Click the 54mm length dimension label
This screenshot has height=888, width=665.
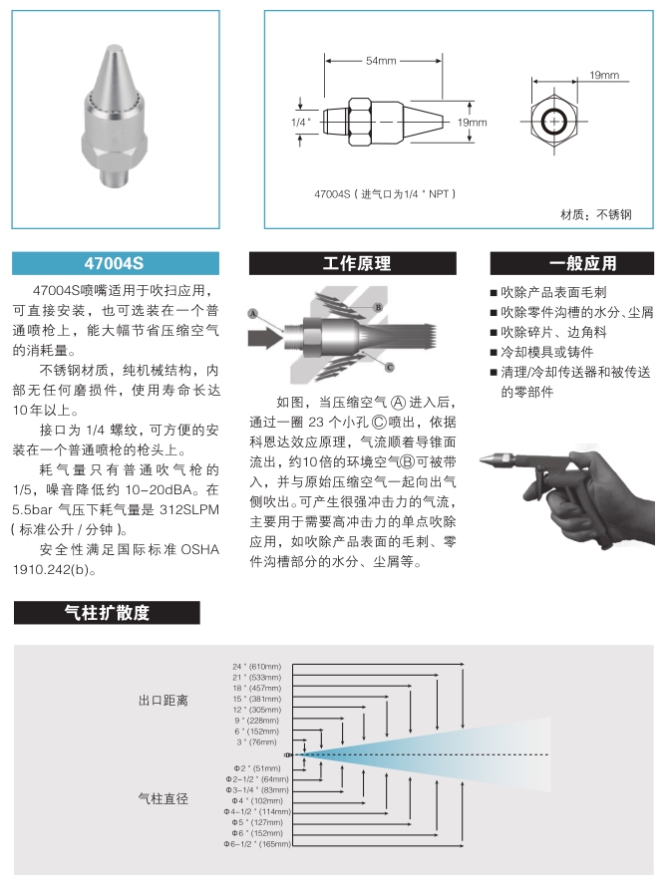[381, 62]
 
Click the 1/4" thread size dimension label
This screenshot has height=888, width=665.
[301, 122]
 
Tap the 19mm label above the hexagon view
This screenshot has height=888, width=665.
[603, 76]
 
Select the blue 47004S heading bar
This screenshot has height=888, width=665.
[116, 264]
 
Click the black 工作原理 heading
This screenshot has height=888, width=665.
[357, 264]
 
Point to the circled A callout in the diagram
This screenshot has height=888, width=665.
[253, 314]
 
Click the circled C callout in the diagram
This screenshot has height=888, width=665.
[389, 367]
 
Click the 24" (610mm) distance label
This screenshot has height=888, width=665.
[257, 665]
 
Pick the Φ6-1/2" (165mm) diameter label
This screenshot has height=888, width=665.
[258, 844]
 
